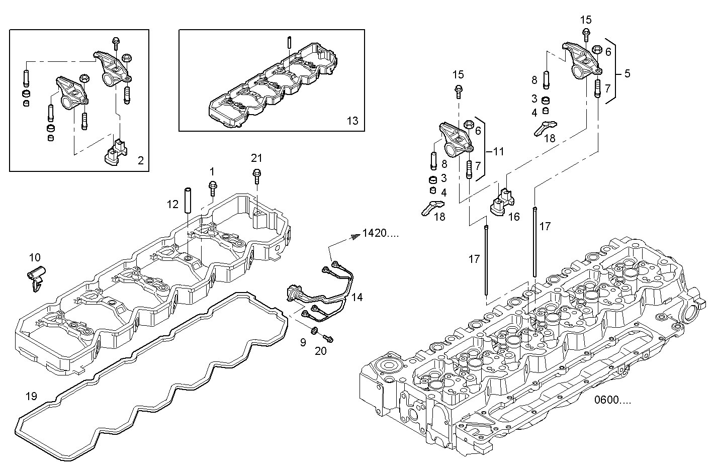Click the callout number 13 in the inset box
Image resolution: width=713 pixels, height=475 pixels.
[352, 121]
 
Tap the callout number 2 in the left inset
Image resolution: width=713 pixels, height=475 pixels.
[140, 161]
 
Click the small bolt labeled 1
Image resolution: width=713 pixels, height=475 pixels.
[212, 188]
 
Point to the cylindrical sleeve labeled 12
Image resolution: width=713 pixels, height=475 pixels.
[188, 200]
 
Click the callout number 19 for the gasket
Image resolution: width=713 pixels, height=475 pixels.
[31, 396]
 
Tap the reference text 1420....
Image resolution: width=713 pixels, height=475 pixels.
[380, 234]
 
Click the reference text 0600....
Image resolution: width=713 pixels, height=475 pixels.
[612, 400]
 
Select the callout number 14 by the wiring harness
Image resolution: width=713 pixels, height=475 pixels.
[356, 297]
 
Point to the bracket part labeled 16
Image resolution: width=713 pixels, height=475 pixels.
[501, 202]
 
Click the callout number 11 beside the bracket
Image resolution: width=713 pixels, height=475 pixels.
[498, 151]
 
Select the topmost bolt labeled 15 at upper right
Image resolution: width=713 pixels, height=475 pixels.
[586, 34]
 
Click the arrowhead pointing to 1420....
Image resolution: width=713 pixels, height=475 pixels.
[355, 234]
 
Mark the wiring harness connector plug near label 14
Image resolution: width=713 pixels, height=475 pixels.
[293, 293]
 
